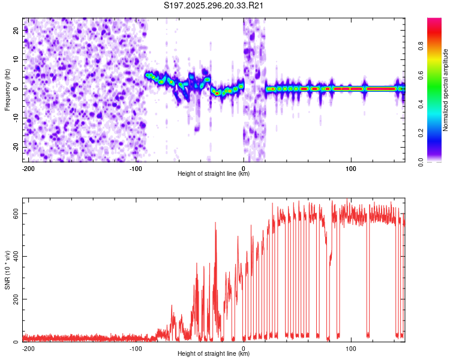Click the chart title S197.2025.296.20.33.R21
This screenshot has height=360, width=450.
coord(214,6)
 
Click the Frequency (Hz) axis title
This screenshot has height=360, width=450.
coord(7,90)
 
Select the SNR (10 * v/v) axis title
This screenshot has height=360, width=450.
coord(7,270)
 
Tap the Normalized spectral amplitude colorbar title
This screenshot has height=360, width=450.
coord(445,90)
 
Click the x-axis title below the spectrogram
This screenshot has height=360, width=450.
coord(214,174)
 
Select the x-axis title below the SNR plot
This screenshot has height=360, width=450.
coord(214,354)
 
